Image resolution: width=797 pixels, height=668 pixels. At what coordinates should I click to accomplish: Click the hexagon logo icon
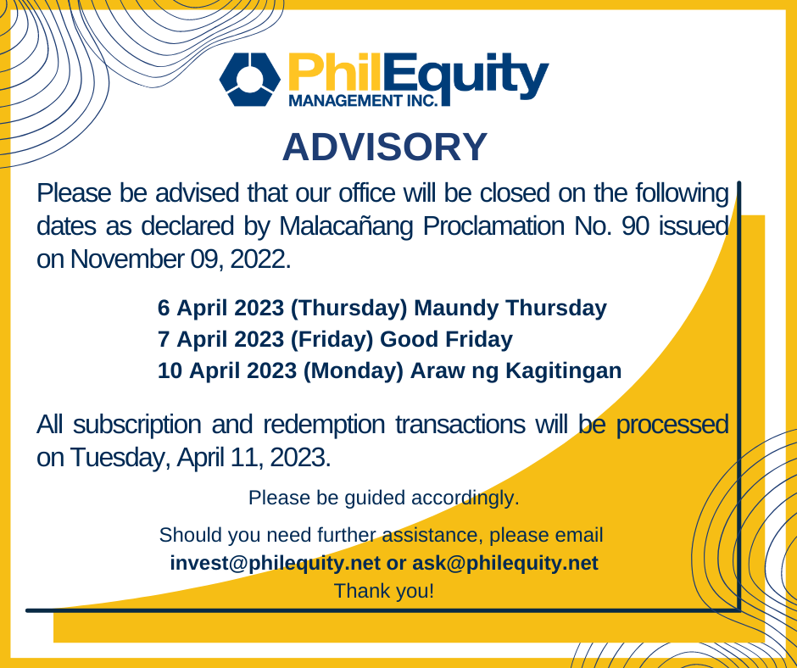[x=250, y=80]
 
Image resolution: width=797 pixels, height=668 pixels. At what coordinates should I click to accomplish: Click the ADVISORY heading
[x=385, y=147]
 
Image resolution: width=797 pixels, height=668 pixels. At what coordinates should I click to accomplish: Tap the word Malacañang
[x=346, y=226]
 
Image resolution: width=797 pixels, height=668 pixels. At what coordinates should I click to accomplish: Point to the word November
[x=126, y=259]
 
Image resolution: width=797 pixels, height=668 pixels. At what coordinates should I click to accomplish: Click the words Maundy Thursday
[x=510, y=308]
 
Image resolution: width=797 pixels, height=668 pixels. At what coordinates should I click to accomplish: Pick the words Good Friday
[x=446, y=339]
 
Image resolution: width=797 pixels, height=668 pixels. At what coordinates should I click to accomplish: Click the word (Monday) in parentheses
[x=353, y=370]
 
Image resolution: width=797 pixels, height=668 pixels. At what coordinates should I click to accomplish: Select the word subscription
[x=137, y=425]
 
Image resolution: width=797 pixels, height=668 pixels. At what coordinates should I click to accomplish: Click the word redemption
[x=324, y=425]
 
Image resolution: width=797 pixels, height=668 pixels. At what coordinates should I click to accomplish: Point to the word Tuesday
[x=120, y=458]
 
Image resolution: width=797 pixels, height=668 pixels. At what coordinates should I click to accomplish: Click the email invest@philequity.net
[x=275, y=563]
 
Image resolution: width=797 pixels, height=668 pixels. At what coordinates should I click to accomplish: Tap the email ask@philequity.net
[x=504, y=563]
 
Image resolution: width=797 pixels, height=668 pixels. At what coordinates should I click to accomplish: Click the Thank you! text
[x=384, y=591]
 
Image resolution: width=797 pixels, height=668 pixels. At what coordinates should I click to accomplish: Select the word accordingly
[x=465, y=498]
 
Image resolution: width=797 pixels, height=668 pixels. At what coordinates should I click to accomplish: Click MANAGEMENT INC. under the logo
[x=363, y=100]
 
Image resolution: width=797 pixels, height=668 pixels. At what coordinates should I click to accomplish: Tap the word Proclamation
[x=493, y=225]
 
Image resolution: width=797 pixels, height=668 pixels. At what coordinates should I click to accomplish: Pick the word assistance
[x=430, y=535]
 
